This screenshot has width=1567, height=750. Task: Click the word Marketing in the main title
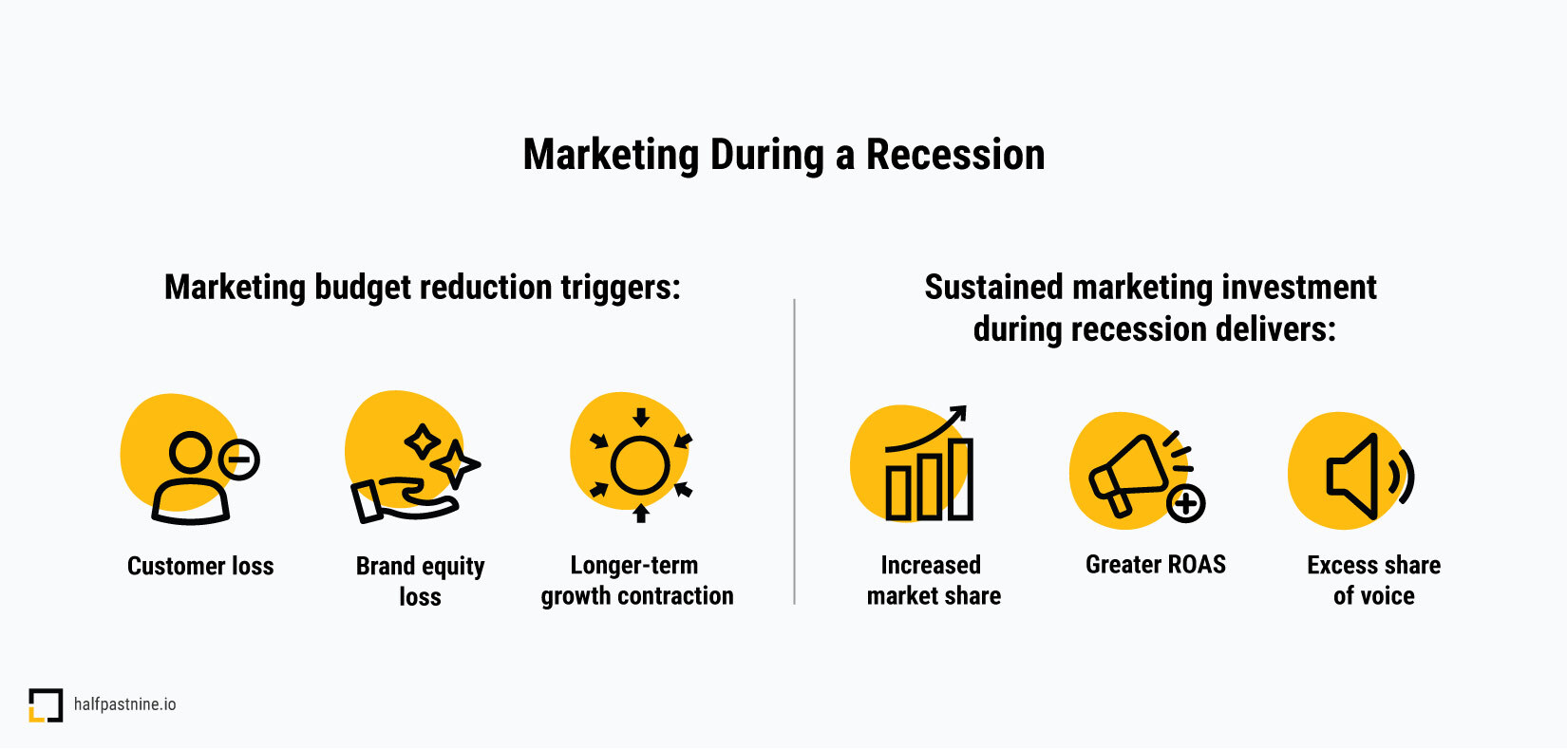point(611,156)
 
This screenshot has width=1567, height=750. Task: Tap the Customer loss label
point(200,565)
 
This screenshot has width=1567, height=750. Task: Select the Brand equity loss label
point(420,581)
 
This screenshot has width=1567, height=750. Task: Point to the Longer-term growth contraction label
point(636,580)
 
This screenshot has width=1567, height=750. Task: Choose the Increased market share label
point(934,580)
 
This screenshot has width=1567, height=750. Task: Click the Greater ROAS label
point(1156,565)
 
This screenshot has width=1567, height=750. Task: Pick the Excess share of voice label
point(1374,580)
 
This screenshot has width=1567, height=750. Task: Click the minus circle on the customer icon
point(239,459)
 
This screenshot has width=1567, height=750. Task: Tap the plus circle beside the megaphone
point(1186,503)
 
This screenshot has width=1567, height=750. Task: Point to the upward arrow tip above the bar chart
point(964,408)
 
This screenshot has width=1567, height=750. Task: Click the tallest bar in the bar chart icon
point(960,479)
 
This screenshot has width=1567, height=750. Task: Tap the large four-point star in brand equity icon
point(456,464)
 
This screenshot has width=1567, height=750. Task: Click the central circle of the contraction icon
point(639,465)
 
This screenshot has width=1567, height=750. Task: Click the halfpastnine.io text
point(125,704)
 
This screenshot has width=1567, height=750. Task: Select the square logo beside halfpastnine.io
point(46,704)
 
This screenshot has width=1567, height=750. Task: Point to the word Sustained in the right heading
point(993,287)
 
